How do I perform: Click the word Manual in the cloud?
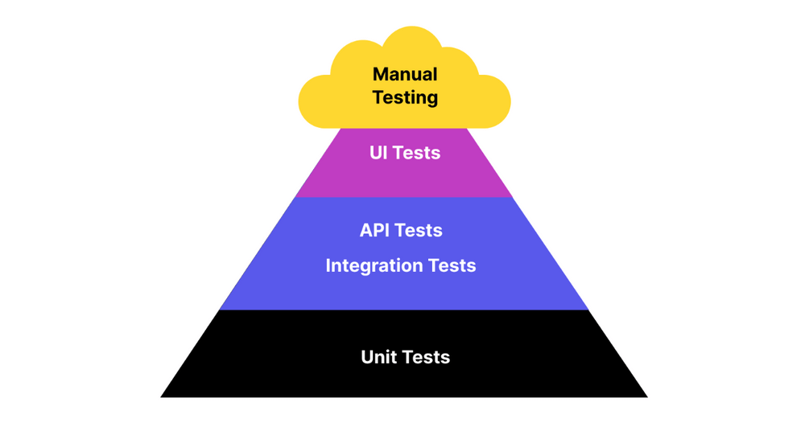tap(405, 74)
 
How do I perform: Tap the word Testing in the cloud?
tap(405, 97)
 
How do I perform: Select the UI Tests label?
tap(405, 153)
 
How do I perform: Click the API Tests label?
tap(401, 230)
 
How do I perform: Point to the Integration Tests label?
tap(401, 265)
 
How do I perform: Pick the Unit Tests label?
tap(405, 357)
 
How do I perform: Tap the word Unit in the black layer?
tap(378, 357)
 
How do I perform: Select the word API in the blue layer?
tap(375, 230)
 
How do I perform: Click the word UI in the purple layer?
tap(379, 153)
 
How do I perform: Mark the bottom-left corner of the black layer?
tap(162, 396)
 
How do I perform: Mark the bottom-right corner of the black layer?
tap(646, 396)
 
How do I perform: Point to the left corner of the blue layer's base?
tap(221, 309)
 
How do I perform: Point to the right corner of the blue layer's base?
tap(588, 309)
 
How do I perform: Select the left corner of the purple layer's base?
tap(296, 196)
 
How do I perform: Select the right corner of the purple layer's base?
tap(512, 196)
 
